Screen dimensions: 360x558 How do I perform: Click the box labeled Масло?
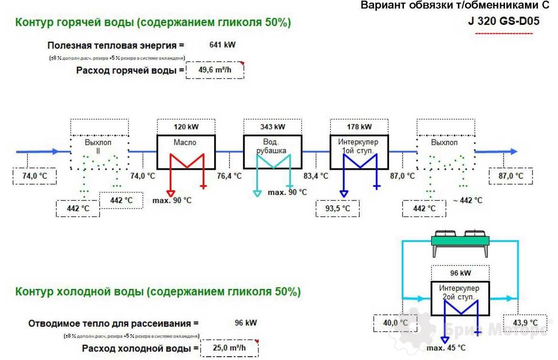point(186,151)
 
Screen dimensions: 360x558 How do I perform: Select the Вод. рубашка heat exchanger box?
point(272,151)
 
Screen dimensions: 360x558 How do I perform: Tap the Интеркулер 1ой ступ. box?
point(359,151)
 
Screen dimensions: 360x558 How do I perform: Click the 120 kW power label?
point(186,127)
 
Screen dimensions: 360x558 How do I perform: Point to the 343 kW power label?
point(273,127)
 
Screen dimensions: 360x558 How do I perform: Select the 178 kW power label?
point(359,127)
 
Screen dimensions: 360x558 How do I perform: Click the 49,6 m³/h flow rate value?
point(215,70)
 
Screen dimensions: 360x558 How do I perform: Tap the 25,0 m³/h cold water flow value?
point(229,348)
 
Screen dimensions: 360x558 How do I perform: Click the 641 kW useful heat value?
point(222,45)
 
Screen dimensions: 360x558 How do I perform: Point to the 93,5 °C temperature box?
point(337,208)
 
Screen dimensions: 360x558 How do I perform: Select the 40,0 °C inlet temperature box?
point(395,323)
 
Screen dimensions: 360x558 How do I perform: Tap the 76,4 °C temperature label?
point(229,176)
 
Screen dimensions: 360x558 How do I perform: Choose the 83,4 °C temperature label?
point(316,176)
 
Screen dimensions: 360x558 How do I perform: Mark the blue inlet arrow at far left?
point(38,151)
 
